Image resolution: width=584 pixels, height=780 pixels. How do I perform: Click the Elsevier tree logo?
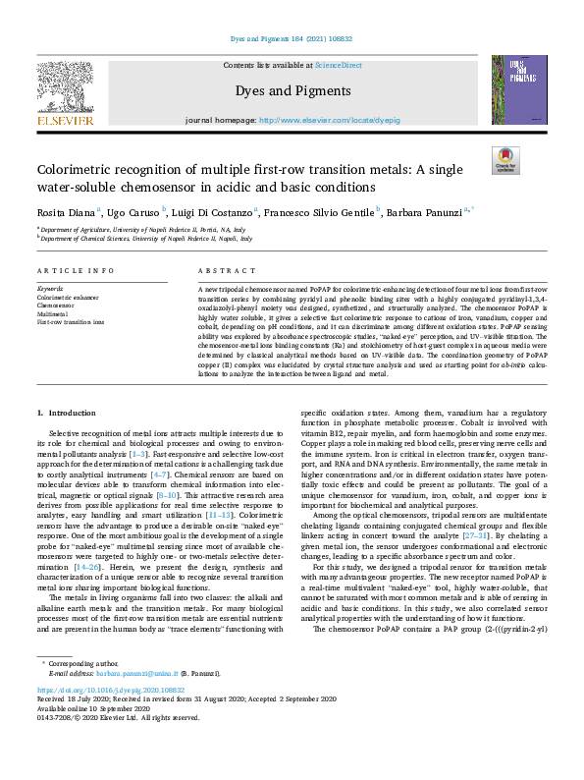pyautogui.click(x=65, y=93)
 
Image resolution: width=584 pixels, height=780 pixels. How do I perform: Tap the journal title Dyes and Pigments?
pyautogui.click(x=292, y=91)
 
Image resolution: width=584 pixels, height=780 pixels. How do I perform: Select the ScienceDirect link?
pyautogui.click(x=338, y=65)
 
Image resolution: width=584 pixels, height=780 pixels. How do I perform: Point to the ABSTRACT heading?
pyautogui.click(x=220, y=270)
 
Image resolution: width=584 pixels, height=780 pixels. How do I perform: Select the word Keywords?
pyautogui.click(x=50, y=289)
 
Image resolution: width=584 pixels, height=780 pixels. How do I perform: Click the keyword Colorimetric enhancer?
pyautogui.click(x=69, y=297)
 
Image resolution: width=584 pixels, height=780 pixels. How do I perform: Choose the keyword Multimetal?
pyautogui.click(x=53, y=313)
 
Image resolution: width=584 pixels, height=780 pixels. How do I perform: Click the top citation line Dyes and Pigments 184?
pyautogui.click(x=292, y=38)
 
